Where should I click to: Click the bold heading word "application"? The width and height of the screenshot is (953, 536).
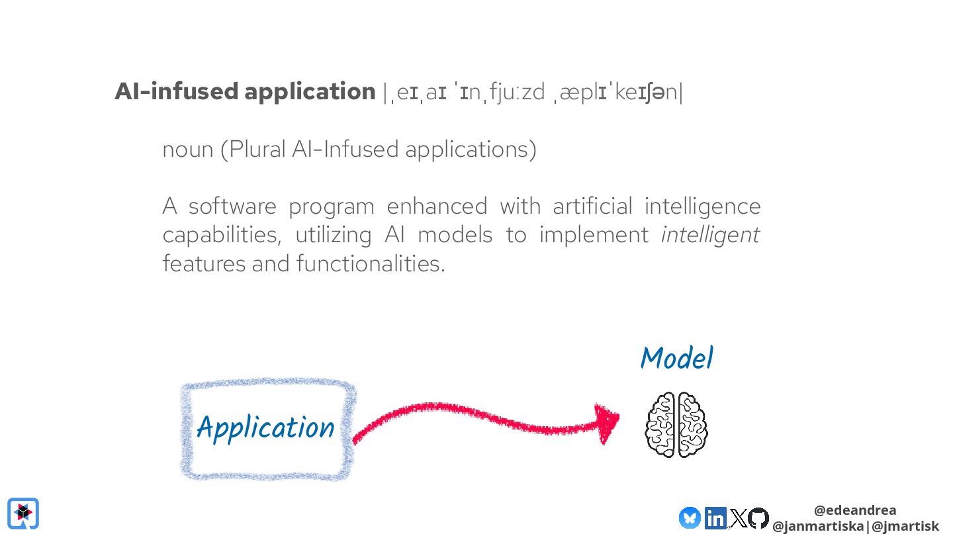(310, 92)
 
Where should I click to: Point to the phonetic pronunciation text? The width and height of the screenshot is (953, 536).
(532, 93)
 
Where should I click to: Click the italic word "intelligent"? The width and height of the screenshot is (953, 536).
(710, 235)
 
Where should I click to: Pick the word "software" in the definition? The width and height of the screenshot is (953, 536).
(232, 206)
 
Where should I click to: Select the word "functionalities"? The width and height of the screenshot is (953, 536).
(370, 264)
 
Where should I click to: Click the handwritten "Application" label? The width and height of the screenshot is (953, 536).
(265, 428)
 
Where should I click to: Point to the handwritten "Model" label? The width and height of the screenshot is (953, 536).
(676, 359)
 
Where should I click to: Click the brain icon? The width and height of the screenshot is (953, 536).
(676, 424)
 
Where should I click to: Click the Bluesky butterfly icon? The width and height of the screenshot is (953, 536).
(690, 517)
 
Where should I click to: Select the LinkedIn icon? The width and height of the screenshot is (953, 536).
(715, 517)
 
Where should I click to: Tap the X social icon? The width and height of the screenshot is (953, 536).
(737, 517)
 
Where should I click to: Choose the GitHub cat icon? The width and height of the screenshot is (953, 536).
(758, 517)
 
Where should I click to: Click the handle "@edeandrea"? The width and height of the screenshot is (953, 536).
(855, 510)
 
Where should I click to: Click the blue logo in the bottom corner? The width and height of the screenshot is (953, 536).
(23, 514)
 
